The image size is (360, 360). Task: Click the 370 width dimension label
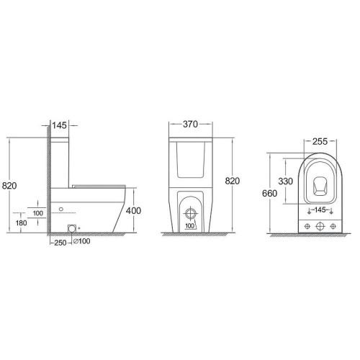(190, 124)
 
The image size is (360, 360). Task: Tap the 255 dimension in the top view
(320, 141)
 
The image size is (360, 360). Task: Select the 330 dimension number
(286, 181)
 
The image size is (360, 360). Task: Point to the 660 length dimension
(269, 193)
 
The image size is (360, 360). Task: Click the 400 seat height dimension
(133, 211)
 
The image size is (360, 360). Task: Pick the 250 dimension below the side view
(60, 243)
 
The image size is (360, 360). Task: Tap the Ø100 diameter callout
(82, 241)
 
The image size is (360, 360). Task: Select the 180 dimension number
(21, 223)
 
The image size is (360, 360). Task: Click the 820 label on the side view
(9, 186)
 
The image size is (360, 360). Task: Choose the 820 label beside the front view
(233, 181)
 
